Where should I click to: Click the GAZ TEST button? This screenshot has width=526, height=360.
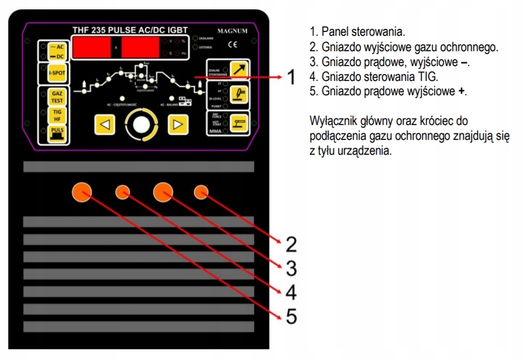click(57, 97)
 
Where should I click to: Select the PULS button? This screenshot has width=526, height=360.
click(57, 132)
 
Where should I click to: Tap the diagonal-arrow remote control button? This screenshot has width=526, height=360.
click(239, 69)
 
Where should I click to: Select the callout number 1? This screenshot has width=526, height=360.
click(292, 78)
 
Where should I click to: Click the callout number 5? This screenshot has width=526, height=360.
click(292, 316)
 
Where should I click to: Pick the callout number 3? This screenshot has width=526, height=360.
click(292, 268)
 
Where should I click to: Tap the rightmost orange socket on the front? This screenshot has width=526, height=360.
click(201, 192)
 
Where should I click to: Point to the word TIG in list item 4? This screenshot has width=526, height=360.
click(428, 77)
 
